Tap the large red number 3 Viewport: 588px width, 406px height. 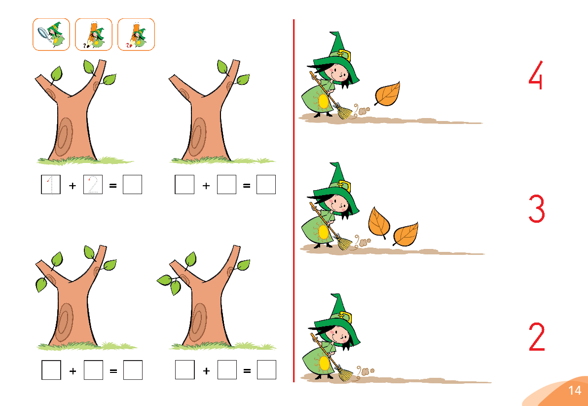point(537,209)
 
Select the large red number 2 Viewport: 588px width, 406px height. point(537,337)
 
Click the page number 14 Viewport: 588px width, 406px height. point(575,390)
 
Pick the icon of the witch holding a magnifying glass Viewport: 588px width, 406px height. point(51,34)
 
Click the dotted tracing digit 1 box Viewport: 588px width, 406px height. point(51,184)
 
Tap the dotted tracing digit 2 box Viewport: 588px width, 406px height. point(93,184)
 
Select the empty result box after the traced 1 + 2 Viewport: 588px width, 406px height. point(132,184)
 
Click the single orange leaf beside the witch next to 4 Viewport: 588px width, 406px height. point(388,93)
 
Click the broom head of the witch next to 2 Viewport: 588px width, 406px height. point(344,374)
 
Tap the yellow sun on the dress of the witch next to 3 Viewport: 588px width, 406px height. point(323,232)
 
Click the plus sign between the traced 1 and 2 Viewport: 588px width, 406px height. point(73,185)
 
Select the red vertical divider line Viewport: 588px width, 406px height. point(294,201)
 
